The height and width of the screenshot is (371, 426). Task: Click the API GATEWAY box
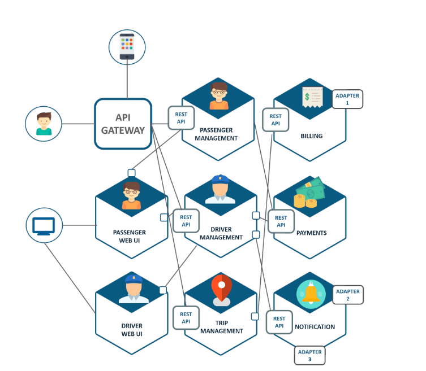click(123, 124)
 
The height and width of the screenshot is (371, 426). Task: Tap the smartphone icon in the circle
click(127, 47)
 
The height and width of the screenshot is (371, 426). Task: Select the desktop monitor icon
click(44, 225)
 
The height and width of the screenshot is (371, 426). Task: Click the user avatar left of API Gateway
click(44, 123)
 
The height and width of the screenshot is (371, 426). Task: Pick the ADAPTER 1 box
click(347, 99)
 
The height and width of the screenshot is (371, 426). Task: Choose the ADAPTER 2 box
click(347, 295)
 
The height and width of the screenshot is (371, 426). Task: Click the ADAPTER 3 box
click(309, 355)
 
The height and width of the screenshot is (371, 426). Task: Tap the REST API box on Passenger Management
click(181, 117)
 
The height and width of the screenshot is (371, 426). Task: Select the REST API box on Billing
click(276, 119)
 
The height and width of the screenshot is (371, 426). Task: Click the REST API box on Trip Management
click(186, 317)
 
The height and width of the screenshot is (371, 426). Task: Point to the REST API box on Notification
click(279, 322)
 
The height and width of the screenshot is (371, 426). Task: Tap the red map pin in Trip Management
click(221, 289)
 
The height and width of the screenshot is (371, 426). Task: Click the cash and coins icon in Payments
click(309, 193)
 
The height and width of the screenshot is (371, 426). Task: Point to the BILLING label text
click(312, 136)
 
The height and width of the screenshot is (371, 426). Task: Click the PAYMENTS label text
click(311, 233)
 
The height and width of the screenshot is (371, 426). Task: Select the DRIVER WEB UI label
click(132, 330)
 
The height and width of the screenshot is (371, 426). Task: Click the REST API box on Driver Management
click(186, 221)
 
